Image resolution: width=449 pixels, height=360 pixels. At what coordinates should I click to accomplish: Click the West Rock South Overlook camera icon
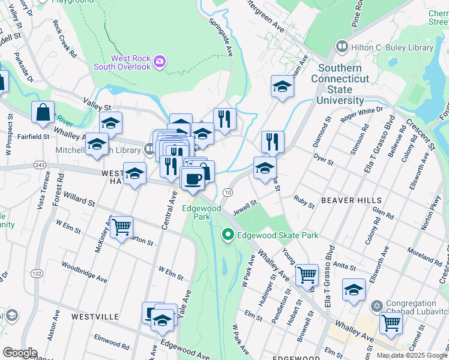pyautogui.click(x=159, y=61)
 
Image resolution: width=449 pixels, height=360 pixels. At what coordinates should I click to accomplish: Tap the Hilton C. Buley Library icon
pyautogui.click(x=342, y=47)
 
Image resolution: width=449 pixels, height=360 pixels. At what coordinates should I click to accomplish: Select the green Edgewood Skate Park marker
pyautogui.click(x=228, y=235)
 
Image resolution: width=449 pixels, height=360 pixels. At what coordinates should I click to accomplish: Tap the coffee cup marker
pyautogui.click(x=192, y=178)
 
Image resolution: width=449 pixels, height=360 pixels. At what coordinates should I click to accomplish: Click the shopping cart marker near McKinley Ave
pyautogui.click(x=121, y=227)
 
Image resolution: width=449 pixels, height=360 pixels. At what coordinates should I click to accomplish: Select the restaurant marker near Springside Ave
pyautogui.click(x=224, y=119)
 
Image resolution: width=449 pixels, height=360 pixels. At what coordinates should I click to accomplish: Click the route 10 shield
pyautogui.click(x=228, y=192)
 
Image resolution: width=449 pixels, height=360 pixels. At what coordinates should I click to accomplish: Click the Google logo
pyautogui.click(x=20, y=353)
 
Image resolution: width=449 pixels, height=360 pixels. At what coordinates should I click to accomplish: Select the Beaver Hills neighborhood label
pyautogui.click(x=351, y=200)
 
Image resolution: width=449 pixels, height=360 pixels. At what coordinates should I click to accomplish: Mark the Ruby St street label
pyautogui.click(x=304, y=201)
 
